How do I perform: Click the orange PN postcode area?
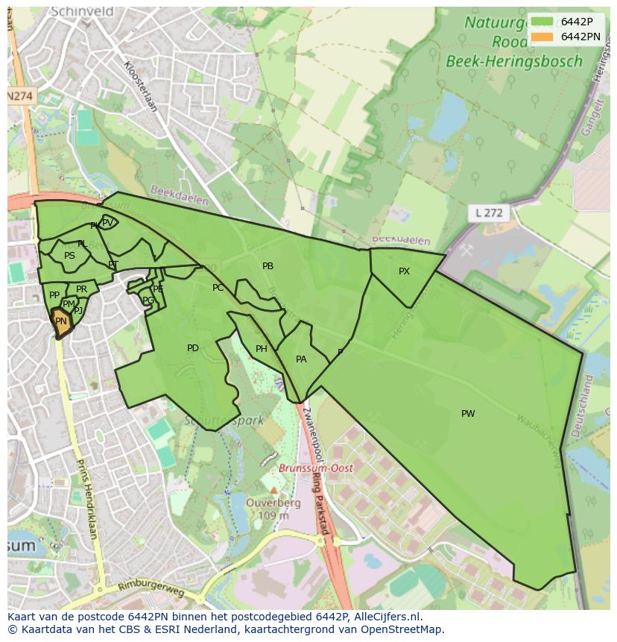click(x=61, y=323)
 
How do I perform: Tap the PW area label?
click(x=468, y=414)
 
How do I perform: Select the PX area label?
click(x=404, y=271)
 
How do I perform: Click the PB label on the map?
click(x=268, y=266)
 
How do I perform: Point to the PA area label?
click(x=301, y=359)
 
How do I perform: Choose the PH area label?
click(x=261, y=349)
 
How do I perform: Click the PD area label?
click(x=193, y=348)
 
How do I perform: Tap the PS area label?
click(x=69, y=256)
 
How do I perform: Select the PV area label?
click(x=107, y=222)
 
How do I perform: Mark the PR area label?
click(x=81, y=289)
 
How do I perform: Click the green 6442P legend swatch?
click(x=542, y=22)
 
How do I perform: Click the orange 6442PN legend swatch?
click(x=542, y=37)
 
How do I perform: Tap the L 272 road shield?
click(x=488, y=213)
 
